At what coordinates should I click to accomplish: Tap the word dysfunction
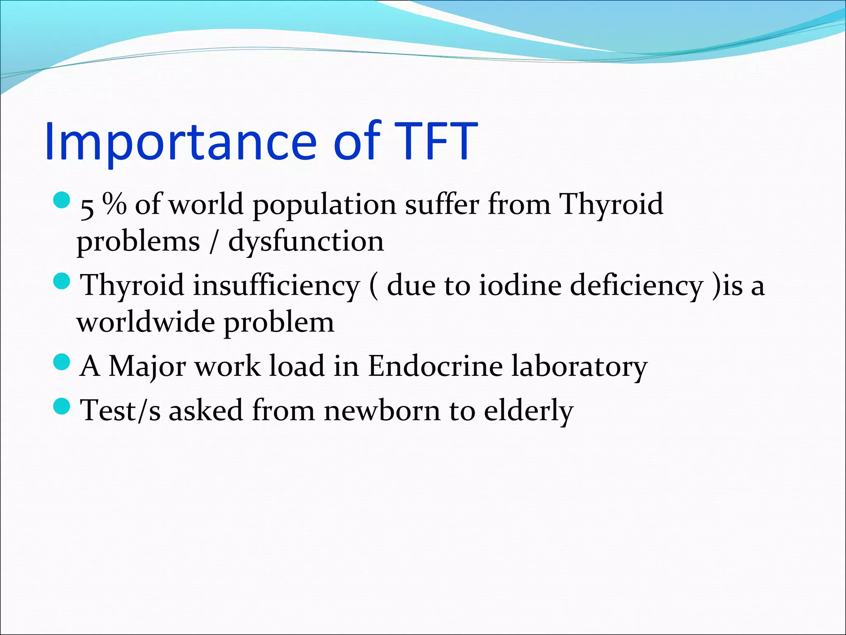(306, 241)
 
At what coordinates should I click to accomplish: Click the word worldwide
(145, 322)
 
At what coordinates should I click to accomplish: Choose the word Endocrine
(435, 366)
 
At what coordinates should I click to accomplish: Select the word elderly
(528, 411)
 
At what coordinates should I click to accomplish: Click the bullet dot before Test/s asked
(62, 406)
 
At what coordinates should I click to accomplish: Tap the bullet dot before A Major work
(62, 362)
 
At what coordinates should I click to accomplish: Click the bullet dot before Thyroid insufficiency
(62, 281)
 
